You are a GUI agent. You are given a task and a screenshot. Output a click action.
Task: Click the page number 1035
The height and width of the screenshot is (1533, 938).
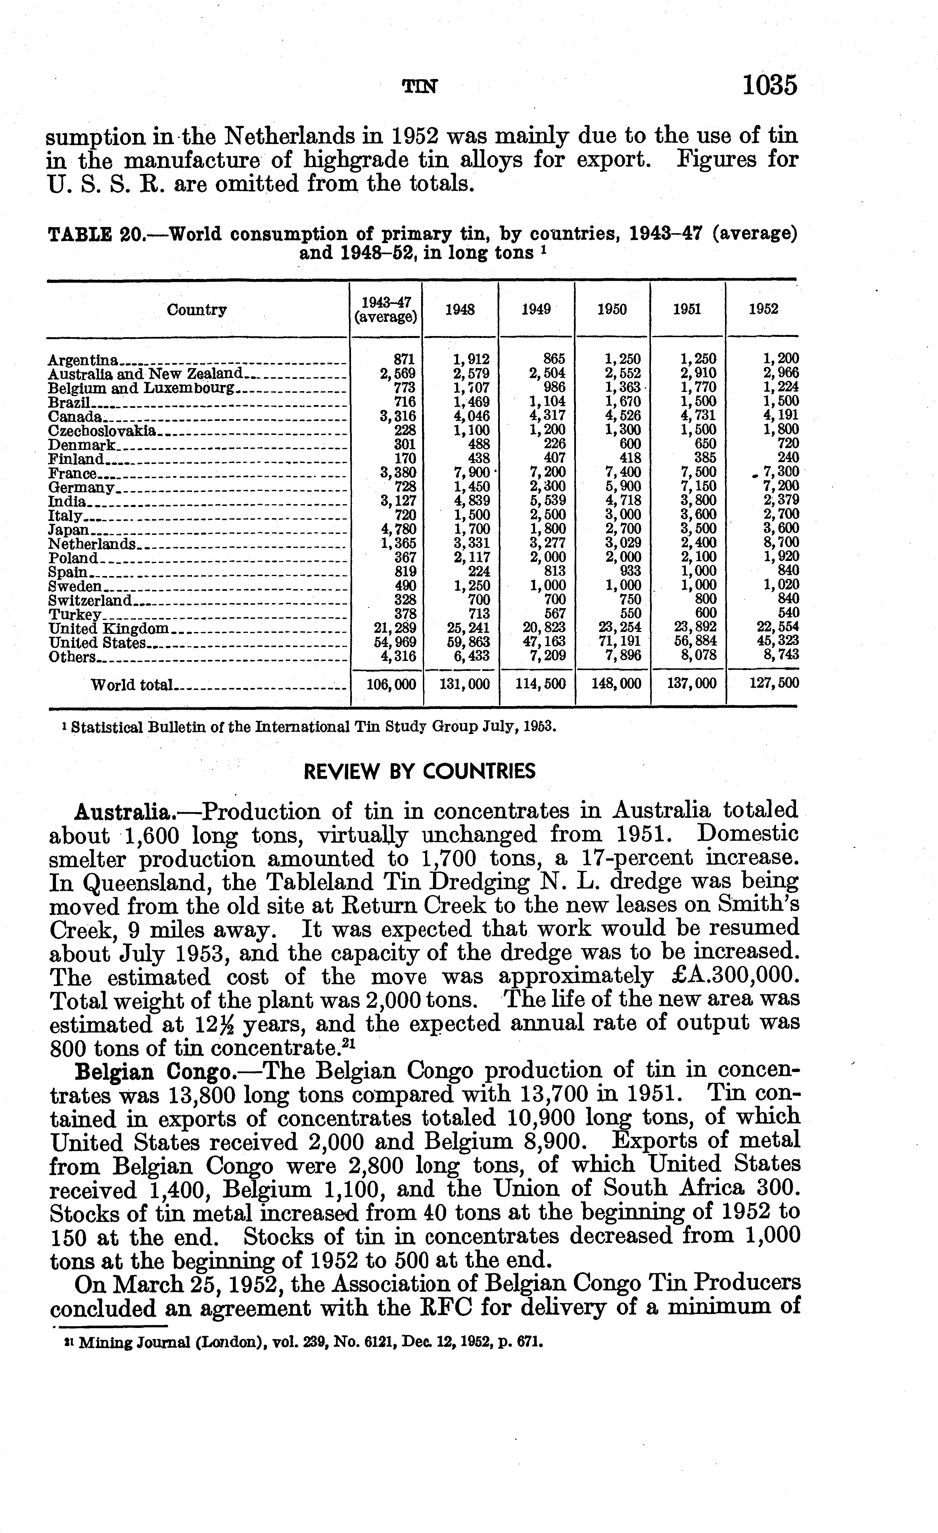pos(769,85)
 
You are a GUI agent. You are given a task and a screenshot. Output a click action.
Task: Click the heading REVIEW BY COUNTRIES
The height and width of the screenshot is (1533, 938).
pos(419,772)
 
